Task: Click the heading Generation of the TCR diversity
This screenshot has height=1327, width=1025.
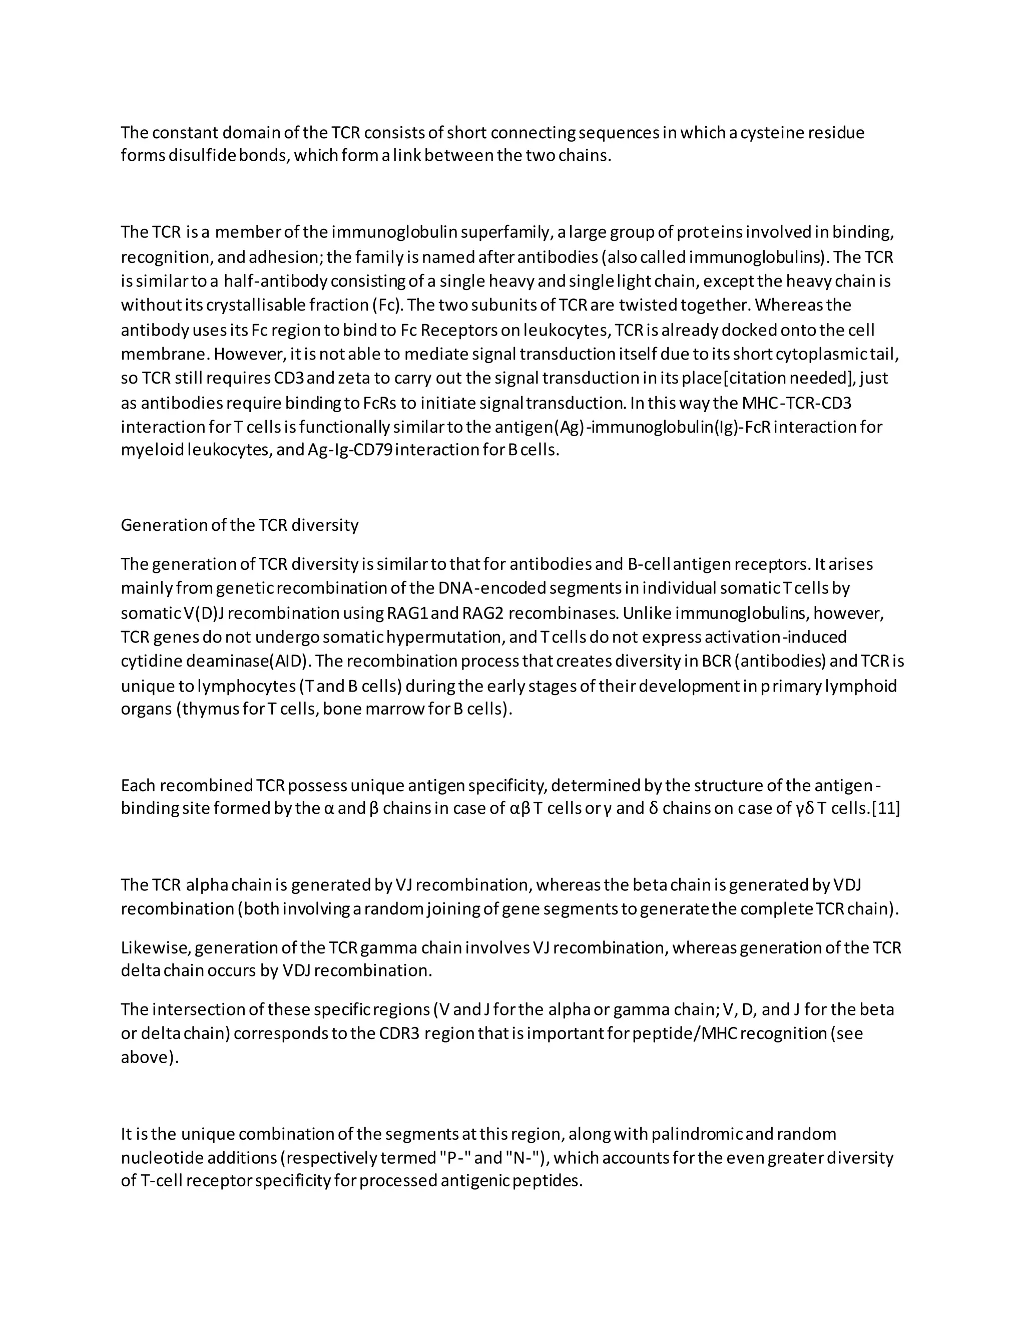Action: click(x=239, y=525)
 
